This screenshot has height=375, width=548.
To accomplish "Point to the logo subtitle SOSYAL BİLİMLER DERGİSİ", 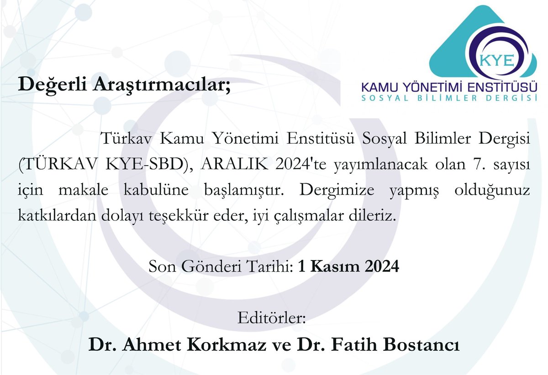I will click(x=448, y=98).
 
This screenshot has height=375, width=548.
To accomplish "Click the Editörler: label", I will click(x=271, y=317).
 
